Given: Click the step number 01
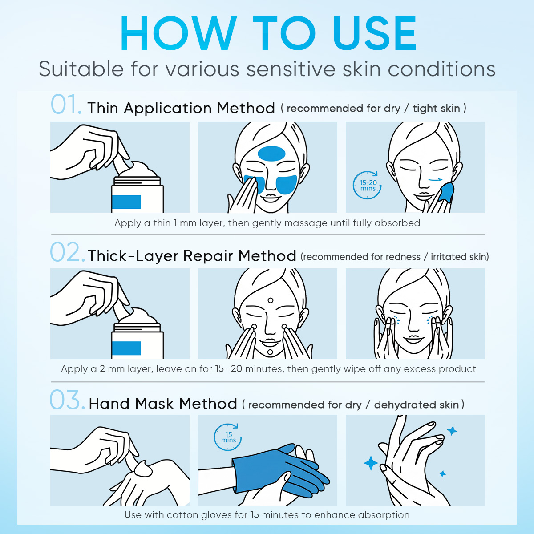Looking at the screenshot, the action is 66,105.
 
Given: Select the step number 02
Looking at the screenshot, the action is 67,252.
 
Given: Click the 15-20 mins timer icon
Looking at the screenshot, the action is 368,185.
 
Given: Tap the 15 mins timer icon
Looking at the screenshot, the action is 228,437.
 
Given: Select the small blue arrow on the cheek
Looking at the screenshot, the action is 435,180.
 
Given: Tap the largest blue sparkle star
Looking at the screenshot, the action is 371,463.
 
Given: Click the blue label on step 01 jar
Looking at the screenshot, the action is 126,202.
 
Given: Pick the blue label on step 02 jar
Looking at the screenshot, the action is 126,348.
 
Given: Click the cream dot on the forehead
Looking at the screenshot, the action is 271,300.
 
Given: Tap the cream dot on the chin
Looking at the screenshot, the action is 270,352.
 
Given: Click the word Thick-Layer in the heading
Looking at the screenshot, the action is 133,255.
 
